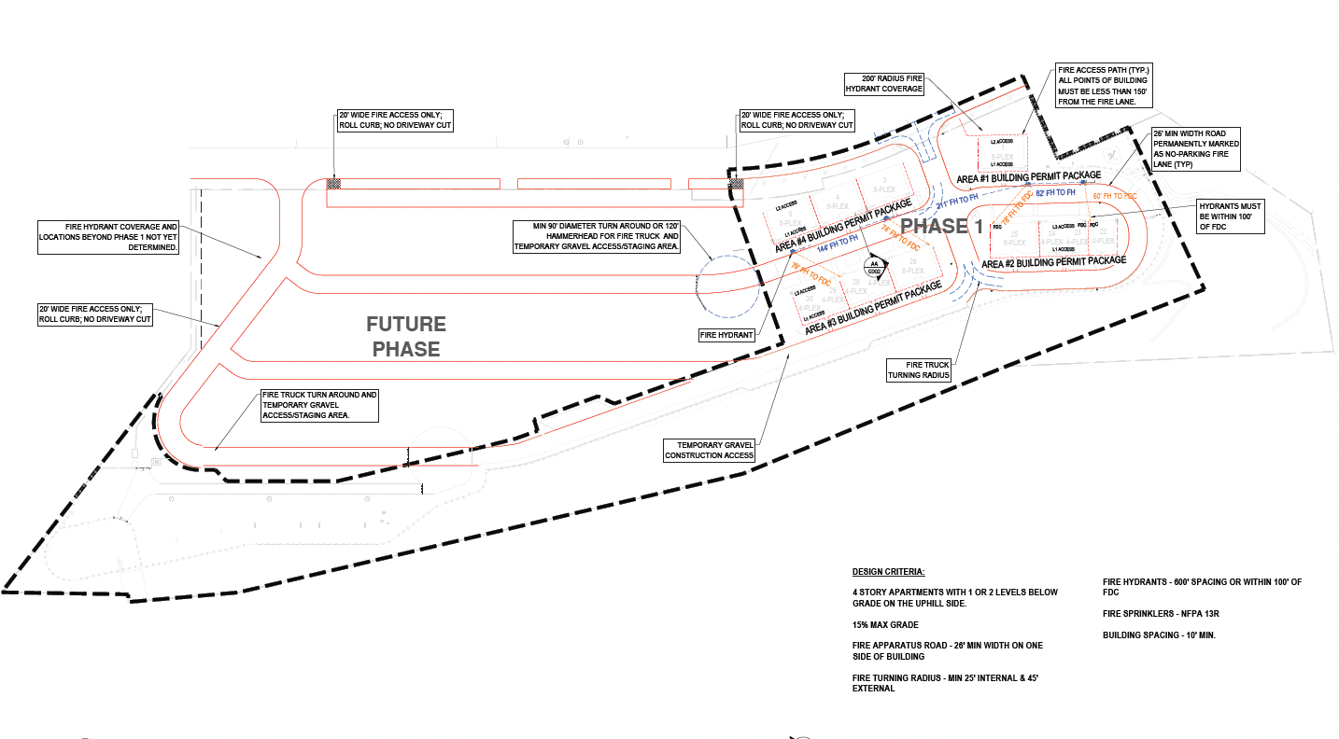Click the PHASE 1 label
pos(941,227)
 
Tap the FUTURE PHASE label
pos(405,337)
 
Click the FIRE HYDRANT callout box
pos(727,334)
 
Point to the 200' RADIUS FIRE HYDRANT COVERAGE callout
pos(883,83)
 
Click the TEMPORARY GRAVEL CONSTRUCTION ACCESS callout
pos(709,451)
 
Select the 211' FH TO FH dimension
pos(957,201)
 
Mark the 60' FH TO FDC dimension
pos(1115,197)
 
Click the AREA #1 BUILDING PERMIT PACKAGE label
pos(1030,176)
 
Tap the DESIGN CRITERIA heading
pos(888,571)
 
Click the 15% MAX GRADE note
pos(885,624)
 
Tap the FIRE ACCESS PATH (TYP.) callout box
pos(1103,86)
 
